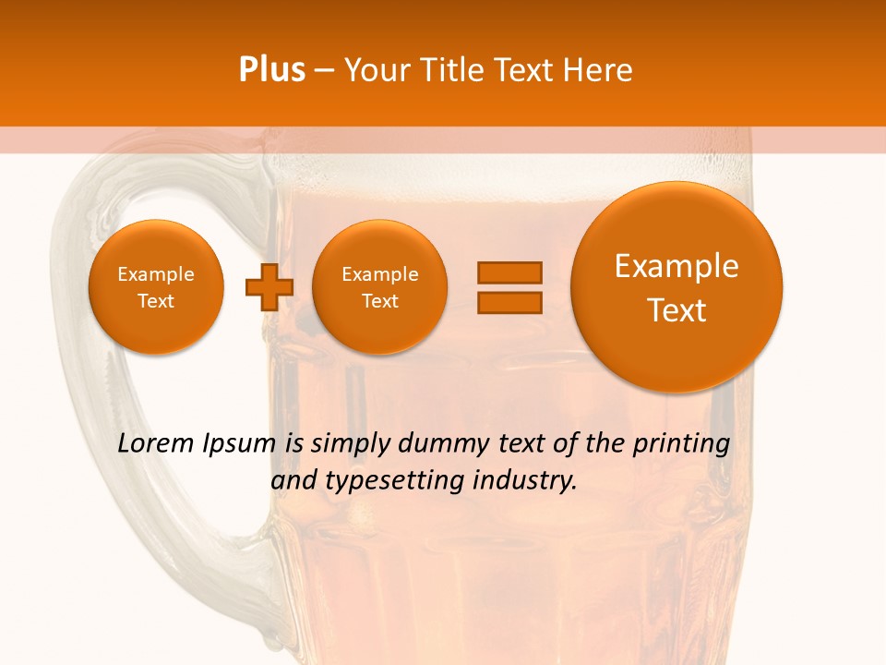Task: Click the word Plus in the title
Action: coord(271,70)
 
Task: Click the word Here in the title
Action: coord(598,70)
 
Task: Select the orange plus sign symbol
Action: coord(269,286)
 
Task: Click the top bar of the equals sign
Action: coord(509,272)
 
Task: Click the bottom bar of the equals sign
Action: coord(509,302)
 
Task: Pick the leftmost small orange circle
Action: coord(156,286)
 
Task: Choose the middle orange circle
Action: coord(379,286)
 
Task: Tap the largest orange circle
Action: coord(676,286)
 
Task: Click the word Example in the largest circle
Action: coord(676,266)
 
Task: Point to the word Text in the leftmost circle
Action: coord(156,301)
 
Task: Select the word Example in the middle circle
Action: coord(379,274)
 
